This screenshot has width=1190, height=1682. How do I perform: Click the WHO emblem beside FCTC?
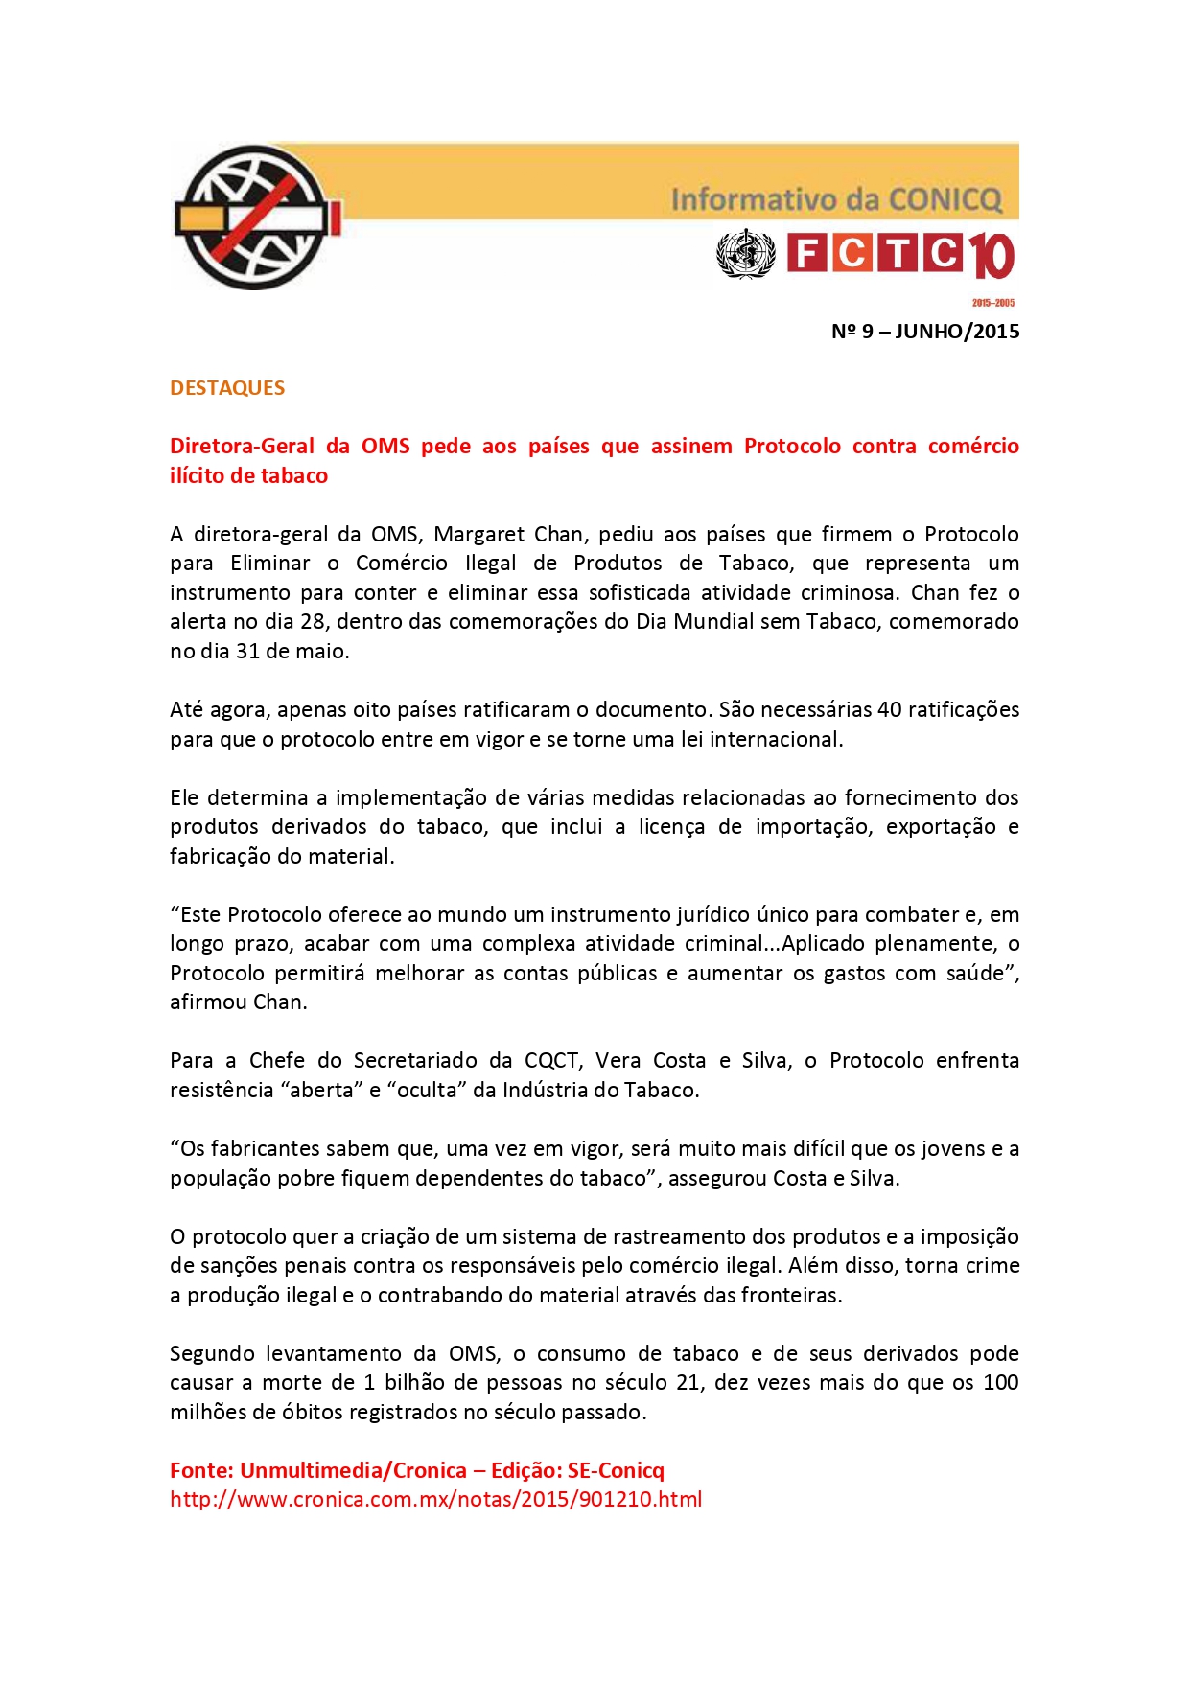click(745, 254)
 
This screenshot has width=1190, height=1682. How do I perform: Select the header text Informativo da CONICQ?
click(836, 199)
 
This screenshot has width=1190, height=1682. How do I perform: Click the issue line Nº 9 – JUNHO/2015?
click(924, 332)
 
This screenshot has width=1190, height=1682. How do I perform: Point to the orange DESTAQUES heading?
click(227, 388)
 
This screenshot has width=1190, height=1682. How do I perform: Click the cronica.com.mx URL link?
click(435, 1499)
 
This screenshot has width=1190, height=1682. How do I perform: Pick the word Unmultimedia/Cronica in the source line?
click(353, 1470)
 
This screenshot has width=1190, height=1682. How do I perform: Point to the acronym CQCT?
click(551, 1060)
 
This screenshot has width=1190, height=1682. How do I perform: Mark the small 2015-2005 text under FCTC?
click(992, 303)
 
